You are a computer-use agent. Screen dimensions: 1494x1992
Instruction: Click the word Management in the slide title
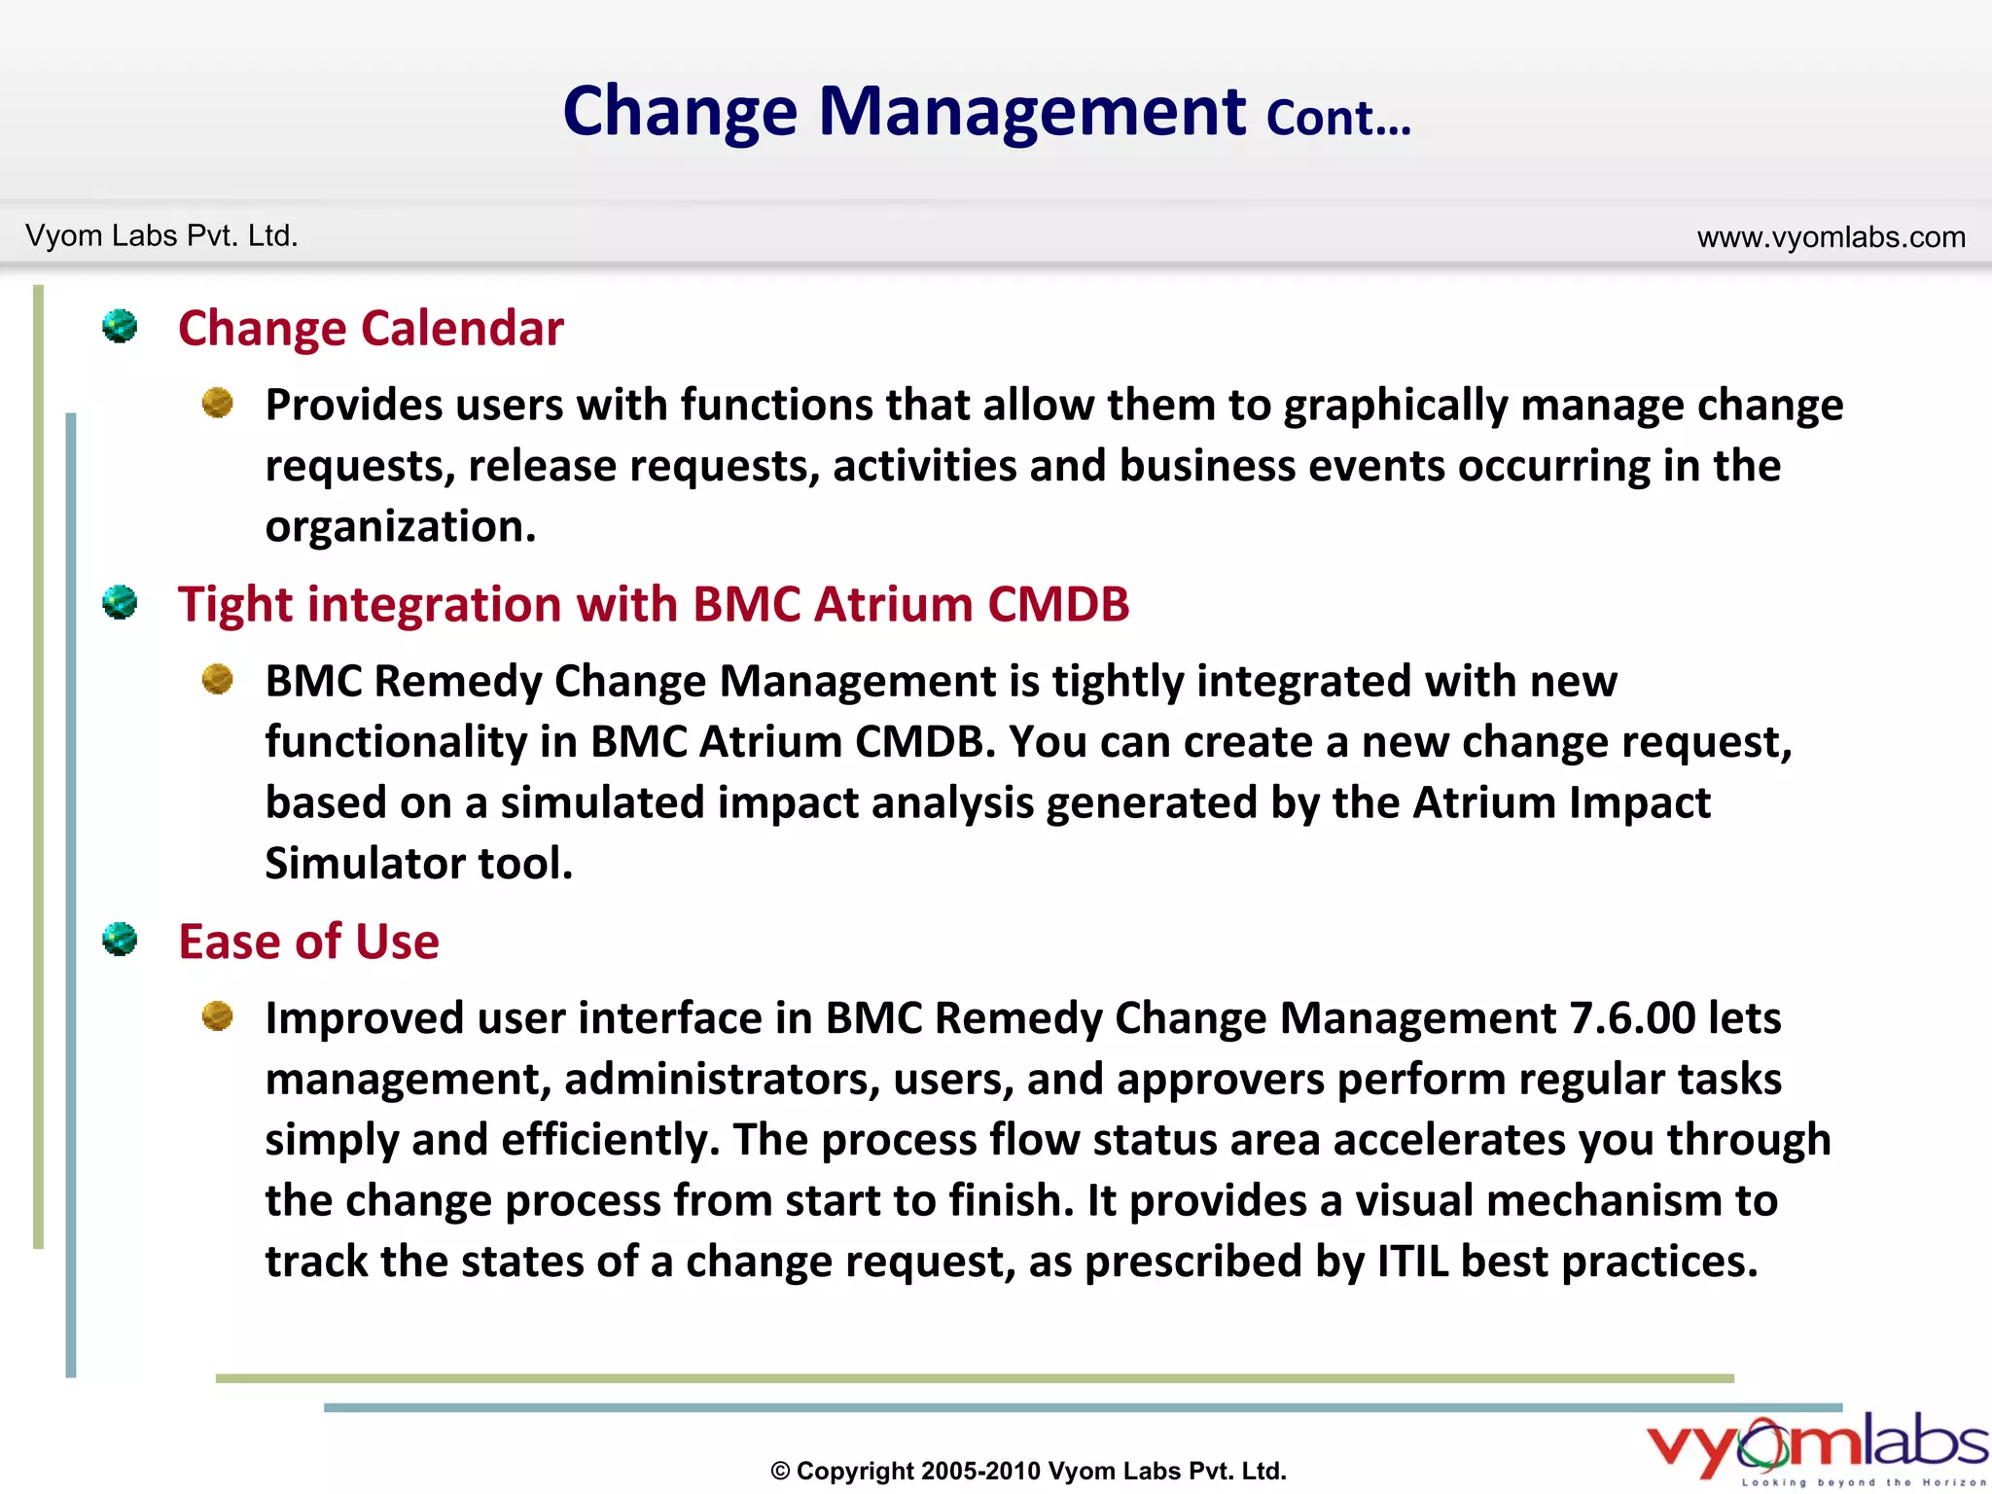[1031, 112]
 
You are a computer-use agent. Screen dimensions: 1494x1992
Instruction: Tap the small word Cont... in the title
[1337, 119]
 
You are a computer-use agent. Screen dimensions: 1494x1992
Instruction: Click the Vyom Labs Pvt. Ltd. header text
[161, 236]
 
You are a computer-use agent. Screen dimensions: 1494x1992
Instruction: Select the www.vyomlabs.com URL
[1831, 237]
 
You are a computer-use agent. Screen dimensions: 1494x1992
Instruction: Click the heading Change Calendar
[371, 329]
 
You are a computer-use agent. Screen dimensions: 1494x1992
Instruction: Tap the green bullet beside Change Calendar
[120, 326]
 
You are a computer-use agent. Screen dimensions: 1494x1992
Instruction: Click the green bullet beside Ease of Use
[120, 939]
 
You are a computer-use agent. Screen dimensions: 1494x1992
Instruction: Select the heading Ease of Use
[308, 942]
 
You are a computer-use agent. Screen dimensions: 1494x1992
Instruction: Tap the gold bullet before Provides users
[217, 403]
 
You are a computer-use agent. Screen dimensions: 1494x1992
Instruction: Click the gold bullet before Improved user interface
[217, 1016]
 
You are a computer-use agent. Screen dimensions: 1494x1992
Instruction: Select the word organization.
[400, 527]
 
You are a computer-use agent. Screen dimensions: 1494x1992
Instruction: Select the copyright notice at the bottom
[1028, 1471]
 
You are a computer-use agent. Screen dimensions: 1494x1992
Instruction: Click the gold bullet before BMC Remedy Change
[217, 679]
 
